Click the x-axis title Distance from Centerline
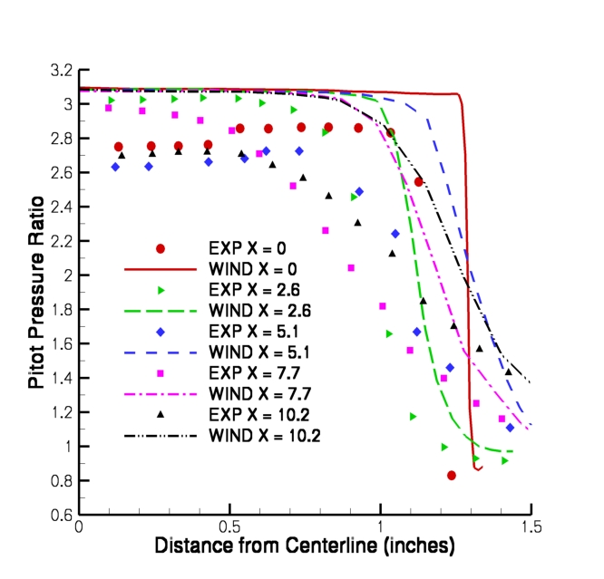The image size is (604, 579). click(304, 546)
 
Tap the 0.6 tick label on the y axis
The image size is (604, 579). click(62, 515)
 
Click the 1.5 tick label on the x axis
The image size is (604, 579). click(531, 527)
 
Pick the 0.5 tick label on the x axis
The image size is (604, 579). click(229, 527)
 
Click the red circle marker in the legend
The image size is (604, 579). click(161, 248)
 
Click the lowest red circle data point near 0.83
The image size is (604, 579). click(452, 475)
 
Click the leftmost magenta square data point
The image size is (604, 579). click(109, 108)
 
